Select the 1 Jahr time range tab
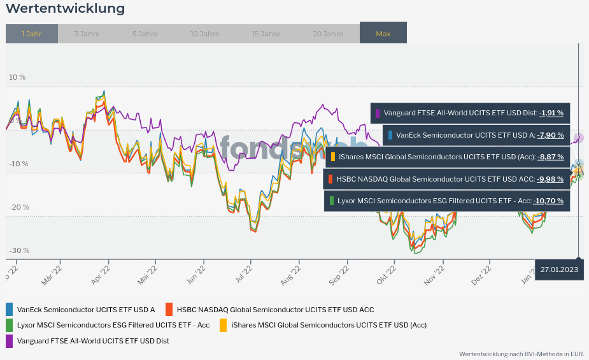[x=31, y=34]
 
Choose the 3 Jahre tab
[x=86, y=34]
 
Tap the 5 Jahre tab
[x=145, y=34]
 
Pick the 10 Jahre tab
[x=205, y=34]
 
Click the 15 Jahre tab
[x=266, y=34]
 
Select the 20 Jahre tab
[x=328, y=34]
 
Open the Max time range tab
[x=383, y=34]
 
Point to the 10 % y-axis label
[x=17, y=77]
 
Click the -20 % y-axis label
[x=19, y=207]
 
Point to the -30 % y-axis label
[x=19, y=250]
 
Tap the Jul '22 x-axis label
[x=243, y=273]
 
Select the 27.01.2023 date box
[x=559, y=270]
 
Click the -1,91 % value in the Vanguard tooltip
[x=551, y=113]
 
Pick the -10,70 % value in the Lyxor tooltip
[x=548, y=201]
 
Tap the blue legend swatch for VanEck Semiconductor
[x=10, y=310]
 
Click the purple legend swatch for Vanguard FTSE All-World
[x=10, y=341]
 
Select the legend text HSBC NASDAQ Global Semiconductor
[x=275, y=310]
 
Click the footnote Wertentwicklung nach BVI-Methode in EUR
[x=522, y=354]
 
